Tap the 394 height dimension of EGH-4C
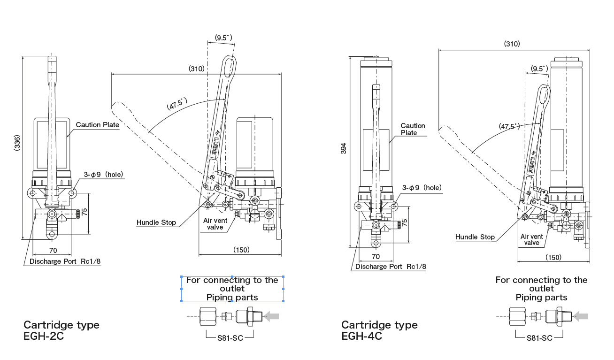pos(343,148)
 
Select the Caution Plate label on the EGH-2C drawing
pos(97,125)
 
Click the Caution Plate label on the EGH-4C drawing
pos(413,129)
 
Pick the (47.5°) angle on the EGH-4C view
pos(509,126)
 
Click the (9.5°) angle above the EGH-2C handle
pos(223,37)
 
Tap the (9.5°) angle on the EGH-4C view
pos(539,69)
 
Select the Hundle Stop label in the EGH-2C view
pos(156,222)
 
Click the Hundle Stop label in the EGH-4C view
pos(475,237)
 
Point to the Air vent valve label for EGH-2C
pos(215,223)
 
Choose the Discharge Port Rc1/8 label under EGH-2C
pos(65,261)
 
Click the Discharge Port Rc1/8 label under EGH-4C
pos(391,267)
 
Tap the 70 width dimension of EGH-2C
pos(53,251)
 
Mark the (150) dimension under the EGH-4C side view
pos(553,257)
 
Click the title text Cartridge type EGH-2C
pos(61,330)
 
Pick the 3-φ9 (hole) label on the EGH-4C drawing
pos(422,188)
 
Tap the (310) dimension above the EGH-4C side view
pos(512,44)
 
